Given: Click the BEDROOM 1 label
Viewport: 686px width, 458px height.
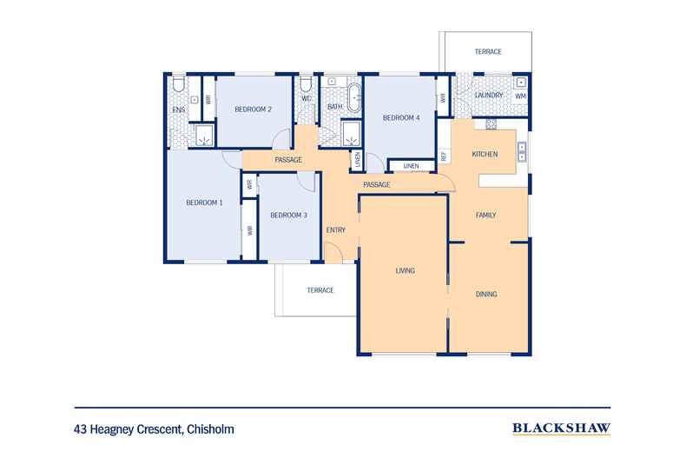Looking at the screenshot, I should tap(204, 202).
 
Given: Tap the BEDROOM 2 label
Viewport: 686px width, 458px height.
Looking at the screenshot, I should tap(254, 110).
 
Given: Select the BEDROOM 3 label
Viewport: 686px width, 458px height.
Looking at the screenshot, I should tap(288, 215).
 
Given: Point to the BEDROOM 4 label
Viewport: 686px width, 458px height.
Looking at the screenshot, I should tap(401, 117).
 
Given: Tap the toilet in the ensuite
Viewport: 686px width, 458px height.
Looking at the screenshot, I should tap(177, 84).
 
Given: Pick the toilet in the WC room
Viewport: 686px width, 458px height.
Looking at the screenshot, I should tap(307, 85).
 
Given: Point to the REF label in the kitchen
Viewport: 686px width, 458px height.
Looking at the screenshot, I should tap(443, 157).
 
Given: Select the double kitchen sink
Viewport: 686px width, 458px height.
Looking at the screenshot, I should tap(522, 152).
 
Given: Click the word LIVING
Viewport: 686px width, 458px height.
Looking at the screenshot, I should tap(405, 270).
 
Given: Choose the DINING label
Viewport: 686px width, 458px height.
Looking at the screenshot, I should tap(486, 294).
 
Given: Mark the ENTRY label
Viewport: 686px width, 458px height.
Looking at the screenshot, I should tap(336, 229).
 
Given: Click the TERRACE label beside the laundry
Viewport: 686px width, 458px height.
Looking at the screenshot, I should tap(487, 52).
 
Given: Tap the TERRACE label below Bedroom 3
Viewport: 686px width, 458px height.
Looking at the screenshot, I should tap(320, 289).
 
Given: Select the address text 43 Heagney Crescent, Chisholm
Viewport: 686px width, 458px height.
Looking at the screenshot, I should tap(154, 428).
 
